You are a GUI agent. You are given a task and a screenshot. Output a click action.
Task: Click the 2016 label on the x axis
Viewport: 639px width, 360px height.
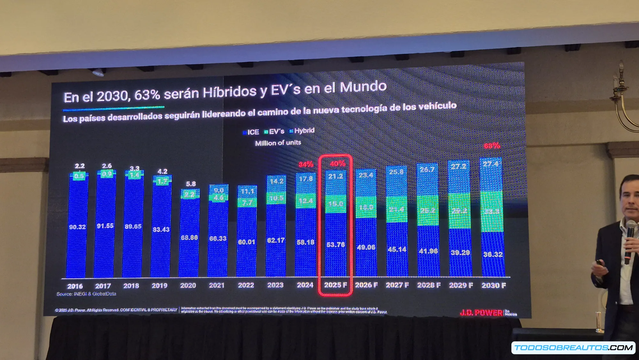(x=75, y=286)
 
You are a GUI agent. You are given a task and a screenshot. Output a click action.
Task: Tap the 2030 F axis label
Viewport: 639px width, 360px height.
(x=494, y=285)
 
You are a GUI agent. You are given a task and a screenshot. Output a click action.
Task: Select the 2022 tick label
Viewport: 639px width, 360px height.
(x=246, y=285)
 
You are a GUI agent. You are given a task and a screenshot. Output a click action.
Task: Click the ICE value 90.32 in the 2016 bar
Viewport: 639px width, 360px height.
(x=77, y=227)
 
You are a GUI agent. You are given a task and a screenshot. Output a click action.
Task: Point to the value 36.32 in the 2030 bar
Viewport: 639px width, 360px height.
(x=493, y=254)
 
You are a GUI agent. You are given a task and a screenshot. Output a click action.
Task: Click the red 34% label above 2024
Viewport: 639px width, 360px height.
(x=306, y=164)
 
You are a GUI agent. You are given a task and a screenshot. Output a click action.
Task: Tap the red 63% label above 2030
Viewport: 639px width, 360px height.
(x=492, y=146)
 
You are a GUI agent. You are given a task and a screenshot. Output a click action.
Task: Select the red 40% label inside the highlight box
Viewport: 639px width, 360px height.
(x=337, y=164)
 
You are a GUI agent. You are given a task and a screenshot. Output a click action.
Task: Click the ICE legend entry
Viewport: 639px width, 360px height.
(x=251, y=132)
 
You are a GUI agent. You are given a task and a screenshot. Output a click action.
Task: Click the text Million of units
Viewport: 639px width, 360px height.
(x=278, y=143)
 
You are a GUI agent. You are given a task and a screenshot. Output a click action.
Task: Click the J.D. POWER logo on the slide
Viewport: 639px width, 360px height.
(x=481, y=313)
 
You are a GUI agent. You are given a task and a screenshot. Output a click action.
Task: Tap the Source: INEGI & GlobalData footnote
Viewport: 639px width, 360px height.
(x=86, y=294)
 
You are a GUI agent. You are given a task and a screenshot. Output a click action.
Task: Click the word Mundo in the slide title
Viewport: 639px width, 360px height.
(x=363, y=87)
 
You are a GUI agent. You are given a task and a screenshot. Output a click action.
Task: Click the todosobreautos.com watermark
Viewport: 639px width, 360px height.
(x=573, y=348)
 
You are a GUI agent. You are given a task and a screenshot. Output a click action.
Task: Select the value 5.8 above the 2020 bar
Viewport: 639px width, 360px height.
(x=191, y=184)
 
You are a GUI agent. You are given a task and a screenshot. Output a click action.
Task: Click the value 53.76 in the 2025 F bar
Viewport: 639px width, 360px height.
(x=335, y=245)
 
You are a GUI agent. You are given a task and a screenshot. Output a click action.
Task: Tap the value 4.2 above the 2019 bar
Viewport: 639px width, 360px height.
(x=162, y=171)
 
